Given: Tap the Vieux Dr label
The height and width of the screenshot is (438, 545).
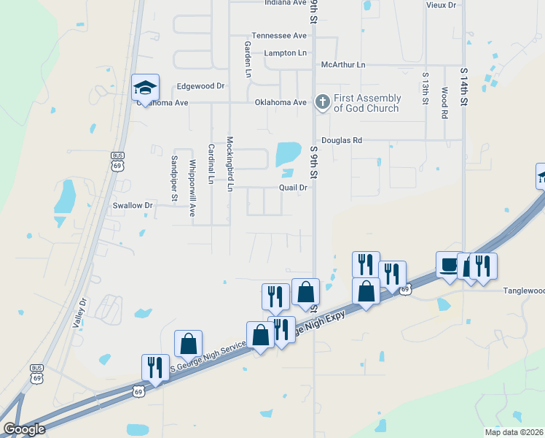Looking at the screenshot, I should point(441,5).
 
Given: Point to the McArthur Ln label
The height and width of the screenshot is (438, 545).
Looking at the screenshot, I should point(343,65).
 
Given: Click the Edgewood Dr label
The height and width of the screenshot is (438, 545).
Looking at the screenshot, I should point(201,86).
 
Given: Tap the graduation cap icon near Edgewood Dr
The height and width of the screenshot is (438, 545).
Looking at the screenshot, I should point(145,88).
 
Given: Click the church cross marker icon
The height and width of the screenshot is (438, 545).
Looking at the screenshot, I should point(322,103).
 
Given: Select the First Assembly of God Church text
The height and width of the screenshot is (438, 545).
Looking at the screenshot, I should point(367,103).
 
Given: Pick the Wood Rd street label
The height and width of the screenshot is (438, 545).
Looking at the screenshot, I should point(444,103).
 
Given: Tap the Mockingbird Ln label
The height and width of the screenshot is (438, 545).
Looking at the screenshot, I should point(230,164).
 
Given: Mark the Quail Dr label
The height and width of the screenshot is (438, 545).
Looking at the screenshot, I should point(294,188).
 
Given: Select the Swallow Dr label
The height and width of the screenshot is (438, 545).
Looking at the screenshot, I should point(133,206).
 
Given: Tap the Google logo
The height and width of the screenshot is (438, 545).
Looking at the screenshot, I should point(24,429).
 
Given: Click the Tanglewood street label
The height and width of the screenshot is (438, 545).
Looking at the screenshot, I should point(524,291).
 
